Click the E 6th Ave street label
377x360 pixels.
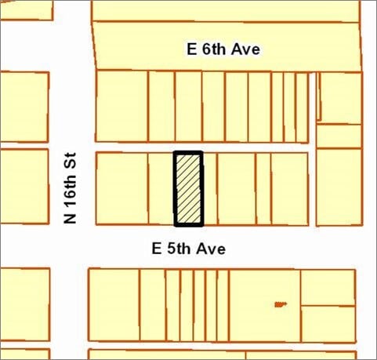(223, 49)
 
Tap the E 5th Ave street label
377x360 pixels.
(189, 249)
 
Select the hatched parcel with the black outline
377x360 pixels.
(188, 188)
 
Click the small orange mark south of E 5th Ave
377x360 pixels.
(280, 304)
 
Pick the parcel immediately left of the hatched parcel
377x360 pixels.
(161, 188)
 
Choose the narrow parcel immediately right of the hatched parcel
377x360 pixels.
(209, 188)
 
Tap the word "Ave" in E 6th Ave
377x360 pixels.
(245, 49)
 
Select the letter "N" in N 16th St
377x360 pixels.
(71, 217)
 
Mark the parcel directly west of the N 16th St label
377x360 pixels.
(24, 187)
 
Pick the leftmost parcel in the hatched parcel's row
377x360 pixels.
(121, 188)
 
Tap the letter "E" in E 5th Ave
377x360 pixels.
(156, 249)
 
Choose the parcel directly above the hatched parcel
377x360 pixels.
(188, 106)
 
